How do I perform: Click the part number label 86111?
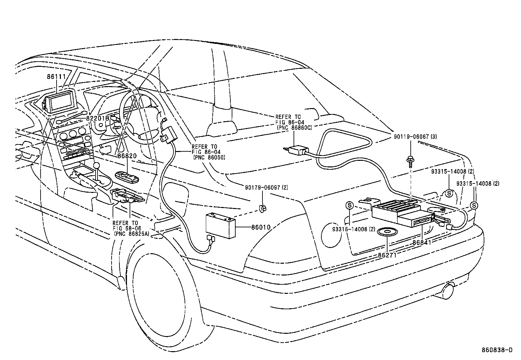pos(56,77)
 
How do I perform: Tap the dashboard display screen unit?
pos(62,102)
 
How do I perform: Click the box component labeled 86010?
pos(220,225)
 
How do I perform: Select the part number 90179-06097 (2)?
pos(266,187)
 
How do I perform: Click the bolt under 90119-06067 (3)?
pos(410,161)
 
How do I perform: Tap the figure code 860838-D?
pos(496,350)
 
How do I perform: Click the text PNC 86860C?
pos(294,127)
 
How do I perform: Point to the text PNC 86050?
pos(209,158)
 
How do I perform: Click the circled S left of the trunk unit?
pos(350,205)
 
